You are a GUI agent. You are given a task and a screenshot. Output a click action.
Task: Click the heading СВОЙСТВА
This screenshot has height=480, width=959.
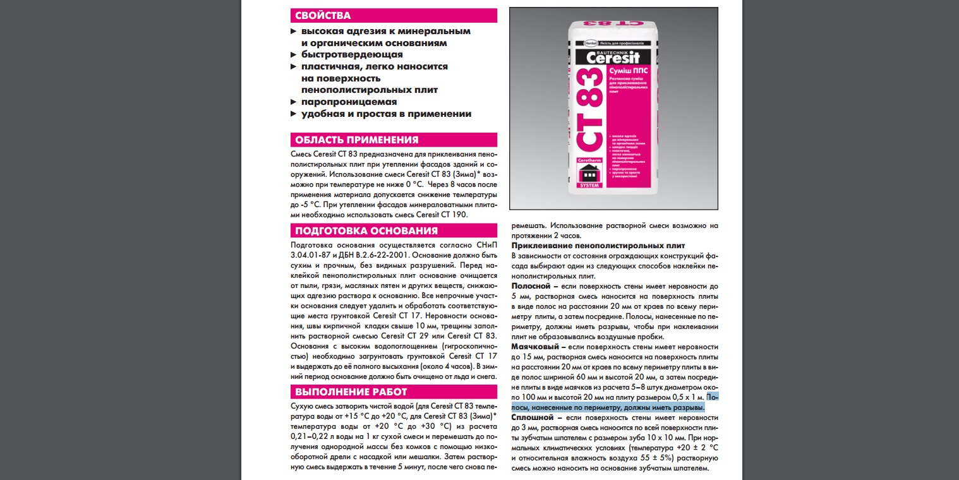click(x=323, y=16)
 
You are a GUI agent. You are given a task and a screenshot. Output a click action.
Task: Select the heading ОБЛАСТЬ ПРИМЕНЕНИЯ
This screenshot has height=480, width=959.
click(x=356, y=140)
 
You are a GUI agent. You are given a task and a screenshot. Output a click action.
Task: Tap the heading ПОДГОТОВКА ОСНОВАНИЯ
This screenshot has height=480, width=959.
click(x=366, y=231)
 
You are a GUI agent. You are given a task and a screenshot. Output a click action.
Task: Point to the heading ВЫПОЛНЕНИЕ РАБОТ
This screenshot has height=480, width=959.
click(x=351, y=392)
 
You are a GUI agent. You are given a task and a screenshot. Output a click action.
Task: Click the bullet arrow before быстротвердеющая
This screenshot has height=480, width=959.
click(x=293, y=55)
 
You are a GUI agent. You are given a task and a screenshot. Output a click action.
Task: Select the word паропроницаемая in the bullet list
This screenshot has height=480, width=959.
click(x=349, y=102)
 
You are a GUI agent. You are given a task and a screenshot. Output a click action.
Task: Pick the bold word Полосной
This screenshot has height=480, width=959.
click(x=531, y=286)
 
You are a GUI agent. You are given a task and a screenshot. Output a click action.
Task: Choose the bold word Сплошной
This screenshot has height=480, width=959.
click(x=533, y=417)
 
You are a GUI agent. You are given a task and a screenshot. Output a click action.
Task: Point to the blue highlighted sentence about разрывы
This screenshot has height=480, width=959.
click(x=610, y=407)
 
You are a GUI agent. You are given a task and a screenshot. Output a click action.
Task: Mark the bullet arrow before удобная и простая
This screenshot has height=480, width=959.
click(x=293, y=114)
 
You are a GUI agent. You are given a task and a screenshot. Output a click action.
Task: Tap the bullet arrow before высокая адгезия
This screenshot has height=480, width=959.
click(x=293, y=31)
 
